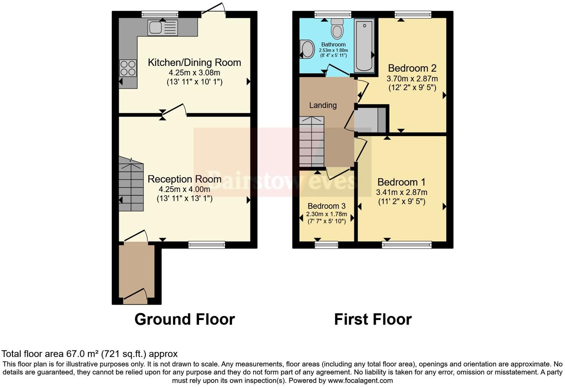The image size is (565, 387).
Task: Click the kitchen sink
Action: click(163, 28)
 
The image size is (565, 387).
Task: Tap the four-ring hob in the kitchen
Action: click(128, 68)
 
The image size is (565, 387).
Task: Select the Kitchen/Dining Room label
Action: click(194, 63)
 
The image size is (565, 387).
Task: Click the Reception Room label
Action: click(184, 179)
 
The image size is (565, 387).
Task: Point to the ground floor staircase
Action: click(131, 184)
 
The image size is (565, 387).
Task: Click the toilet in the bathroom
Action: click(337, 29)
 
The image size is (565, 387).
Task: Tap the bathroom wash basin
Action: click(307, 49)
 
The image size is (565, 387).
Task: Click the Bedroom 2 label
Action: click(412, 68)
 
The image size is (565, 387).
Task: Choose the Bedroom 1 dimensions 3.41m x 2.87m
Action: click(401, 192)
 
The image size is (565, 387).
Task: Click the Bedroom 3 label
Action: click(326, 206)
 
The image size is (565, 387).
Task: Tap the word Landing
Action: click(323, 105)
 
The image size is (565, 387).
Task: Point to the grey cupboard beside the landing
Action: click(370, 119)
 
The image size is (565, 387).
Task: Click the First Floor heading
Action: click(372, 319)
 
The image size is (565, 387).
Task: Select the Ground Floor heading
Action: click(184, 319)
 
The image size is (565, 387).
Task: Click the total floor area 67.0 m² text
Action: click(90, 354)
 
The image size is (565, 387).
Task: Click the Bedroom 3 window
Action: click(326, 244)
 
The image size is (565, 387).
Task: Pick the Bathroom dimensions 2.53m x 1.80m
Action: click(333, 50)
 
